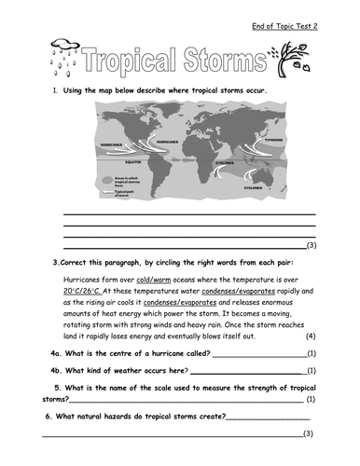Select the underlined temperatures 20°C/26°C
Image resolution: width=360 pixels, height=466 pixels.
point(87,291)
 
